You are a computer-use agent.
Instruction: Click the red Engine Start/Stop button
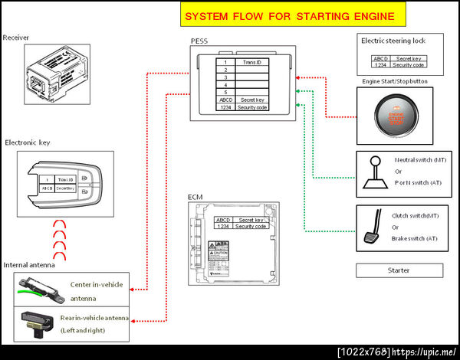(x=393, y=117)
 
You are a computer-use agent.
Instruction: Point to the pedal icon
(x=377, y=227)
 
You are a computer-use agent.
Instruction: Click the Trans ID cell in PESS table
(x=252, y=61)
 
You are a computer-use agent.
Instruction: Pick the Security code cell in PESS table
(x=252, y=108)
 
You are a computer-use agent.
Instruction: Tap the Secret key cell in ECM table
(x=251, y=220)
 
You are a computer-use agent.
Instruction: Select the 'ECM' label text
(x=195, y=198)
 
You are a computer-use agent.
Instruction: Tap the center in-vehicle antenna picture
(x=39, y=289)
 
